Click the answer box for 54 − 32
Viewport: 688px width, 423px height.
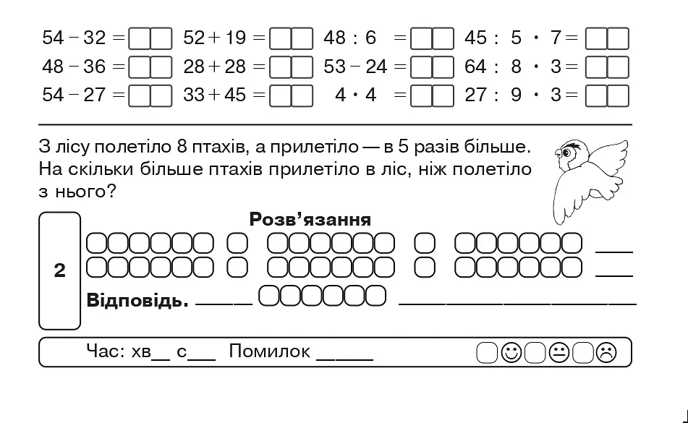[x=150, y=38]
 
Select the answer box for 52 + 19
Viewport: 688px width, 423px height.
[x=291, y=38]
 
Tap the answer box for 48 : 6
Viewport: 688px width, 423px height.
[x=432, y=38]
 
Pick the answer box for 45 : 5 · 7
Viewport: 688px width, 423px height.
[x=607, y=38]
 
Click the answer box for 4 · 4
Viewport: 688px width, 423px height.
[x=432, y=95]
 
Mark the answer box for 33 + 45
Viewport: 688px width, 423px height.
[x=291, y=95]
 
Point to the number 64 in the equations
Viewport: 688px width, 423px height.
[x=475, y=67]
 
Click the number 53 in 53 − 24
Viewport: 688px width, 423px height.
[x=335, y=67]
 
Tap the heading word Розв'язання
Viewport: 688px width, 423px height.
[x=310, y=219]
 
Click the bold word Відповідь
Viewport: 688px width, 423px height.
[x=137, y=300]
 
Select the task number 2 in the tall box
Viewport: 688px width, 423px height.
[x=59, y=270]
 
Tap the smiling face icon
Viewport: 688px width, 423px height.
[x=511, y=352]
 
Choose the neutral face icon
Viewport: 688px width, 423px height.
[x=559, y=352]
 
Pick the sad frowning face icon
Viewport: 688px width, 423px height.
[x=606, y=352]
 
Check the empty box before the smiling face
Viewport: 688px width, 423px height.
[x=487, y=353]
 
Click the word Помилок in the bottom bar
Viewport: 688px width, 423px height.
[x=269, y=351]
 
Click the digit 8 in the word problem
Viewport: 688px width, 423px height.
[x=182, y=146]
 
